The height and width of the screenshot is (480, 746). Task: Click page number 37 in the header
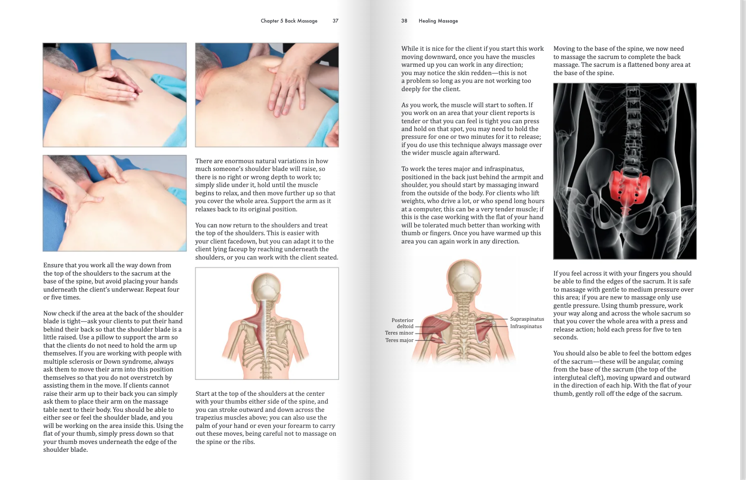(335, 21)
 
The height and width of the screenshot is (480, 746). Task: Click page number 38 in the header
(404, 21)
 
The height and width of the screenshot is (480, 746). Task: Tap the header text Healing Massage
(438, 21)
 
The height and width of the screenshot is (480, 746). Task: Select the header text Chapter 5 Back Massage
(289, 21)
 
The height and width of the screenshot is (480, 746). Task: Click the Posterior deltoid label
(403, 323)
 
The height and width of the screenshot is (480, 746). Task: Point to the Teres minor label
(399, 333)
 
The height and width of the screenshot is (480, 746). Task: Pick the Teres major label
(399, 340)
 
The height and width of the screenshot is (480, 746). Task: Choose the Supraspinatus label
(527, 319)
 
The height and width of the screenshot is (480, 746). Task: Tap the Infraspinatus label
(526, 326)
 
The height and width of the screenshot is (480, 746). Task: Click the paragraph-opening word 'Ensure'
(53, 265)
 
